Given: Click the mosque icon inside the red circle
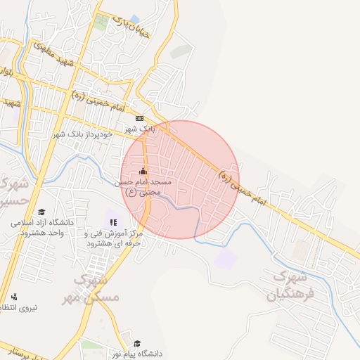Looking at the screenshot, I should [143, 171].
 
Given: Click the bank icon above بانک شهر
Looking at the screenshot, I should [139, 119].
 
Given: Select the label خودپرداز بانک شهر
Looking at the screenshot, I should [82, 134].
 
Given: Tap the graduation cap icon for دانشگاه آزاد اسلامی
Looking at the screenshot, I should [41, 212].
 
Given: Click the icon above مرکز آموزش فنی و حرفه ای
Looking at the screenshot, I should [113, 222].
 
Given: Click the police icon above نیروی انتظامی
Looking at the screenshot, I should [14, 296].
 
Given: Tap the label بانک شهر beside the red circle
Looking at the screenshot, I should [139, 129].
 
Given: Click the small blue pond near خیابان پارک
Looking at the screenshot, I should [134, 18].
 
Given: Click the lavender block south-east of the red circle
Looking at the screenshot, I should [225, 258].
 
